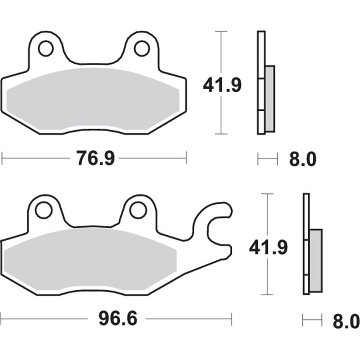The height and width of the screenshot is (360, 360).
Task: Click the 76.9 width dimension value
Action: point(94,158)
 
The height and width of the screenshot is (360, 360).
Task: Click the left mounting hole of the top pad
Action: point(45,48)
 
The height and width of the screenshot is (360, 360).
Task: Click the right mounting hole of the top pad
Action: point(141,48)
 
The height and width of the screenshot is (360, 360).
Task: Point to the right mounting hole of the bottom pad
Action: point(138,210)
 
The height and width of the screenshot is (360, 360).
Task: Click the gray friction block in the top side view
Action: point(270,99)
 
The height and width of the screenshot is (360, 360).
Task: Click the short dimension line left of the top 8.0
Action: point(266,158)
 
